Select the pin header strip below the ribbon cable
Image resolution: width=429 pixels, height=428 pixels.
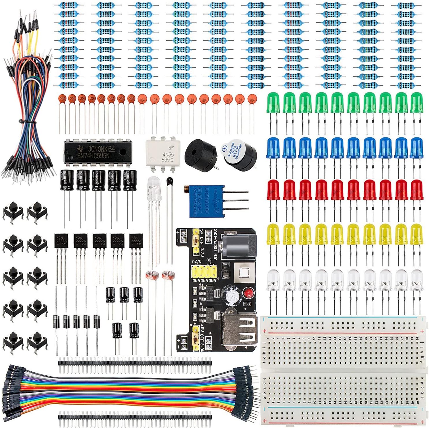coord(135,417)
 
